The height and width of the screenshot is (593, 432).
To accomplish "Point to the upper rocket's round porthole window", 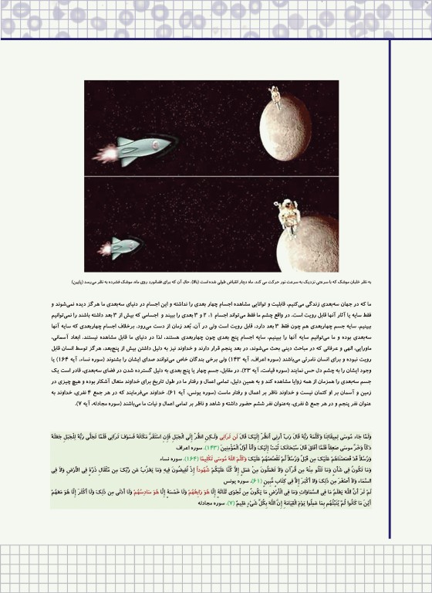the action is coord(157,145).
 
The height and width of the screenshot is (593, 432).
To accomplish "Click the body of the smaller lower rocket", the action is coord(126,247).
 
